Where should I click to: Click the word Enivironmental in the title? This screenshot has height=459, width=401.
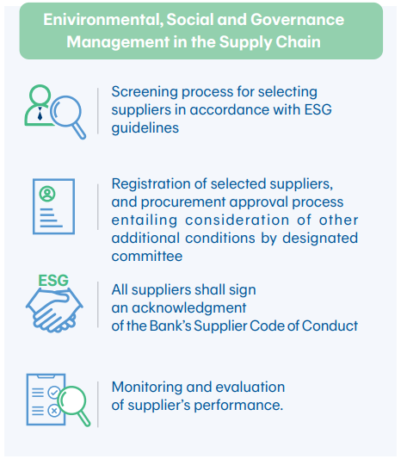[x=103, y=20]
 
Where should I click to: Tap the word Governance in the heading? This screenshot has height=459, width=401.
[x=297, y=20]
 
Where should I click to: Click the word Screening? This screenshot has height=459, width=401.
[x=145, y=92]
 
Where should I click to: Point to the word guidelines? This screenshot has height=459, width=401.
[x=145, y=128]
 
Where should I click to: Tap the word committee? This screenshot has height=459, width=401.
[x=147, y=256]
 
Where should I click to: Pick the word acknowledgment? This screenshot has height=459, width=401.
[x=189, y=308]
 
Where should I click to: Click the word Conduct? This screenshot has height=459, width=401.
[x=330, y=326]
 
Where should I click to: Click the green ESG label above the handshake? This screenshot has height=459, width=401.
[x=53, y=280]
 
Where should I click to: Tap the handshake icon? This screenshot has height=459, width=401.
[x=54, y=310]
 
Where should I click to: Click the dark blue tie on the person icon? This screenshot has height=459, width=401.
[x=40, y=114]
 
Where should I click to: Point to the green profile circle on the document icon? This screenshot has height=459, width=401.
[x=47, y=194]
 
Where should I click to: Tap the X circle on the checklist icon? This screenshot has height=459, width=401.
[x=54, y=411]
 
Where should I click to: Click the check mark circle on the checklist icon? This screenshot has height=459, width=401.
[x=54, y=392]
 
